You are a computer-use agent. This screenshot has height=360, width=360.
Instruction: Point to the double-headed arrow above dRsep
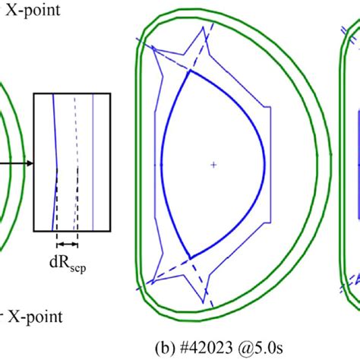pyautogui.click(x=67, y=245)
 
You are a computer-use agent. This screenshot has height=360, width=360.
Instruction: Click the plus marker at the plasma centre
pyautogui.click(x=213, y=164)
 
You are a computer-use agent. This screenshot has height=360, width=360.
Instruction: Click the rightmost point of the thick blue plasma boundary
pyautogui.click(x=264, y=164)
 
